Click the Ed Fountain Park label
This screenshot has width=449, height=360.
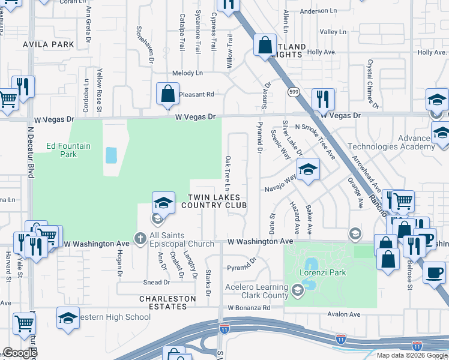[x=62, y=150]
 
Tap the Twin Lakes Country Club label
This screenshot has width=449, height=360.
[x=214, y=202]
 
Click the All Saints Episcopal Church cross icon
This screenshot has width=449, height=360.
[x=140, y=239]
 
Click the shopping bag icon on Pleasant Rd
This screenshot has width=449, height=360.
[x=167, y=94]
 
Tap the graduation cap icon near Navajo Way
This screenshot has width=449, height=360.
[x=308, y=170]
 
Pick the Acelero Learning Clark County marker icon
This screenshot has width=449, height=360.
[x=297, y=291]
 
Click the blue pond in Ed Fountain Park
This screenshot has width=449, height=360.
[x=111, y=155]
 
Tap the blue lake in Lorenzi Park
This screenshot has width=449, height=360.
[x=311, y=265]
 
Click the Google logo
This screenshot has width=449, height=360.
[x=20, y=353]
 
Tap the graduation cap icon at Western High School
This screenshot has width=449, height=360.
[x=68, y=318]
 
